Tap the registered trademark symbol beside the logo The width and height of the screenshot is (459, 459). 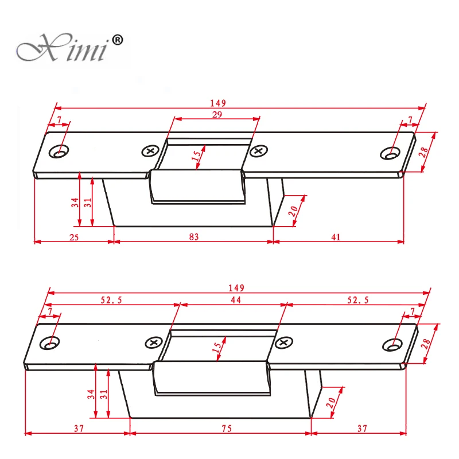(x=118, y=40)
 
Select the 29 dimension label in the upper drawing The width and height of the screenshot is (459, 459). (x=217, y=114)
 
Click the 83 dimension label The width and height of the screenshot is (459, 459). (x=193, y=236)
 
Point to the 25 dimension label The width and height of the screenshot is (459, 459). (x=74, y=237)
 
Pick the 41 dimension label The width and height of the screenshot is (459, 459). (x=336, y=237)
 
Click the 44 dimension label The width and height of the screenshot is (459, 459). (x=236, y=299)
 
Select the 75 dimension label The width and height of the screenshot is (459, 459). (x=227, y=429)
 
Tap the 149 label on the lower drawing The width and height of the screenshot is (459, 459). (x=236, y=288)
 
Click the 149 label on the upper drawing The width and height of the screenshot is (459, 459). (x=218, y=103)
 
